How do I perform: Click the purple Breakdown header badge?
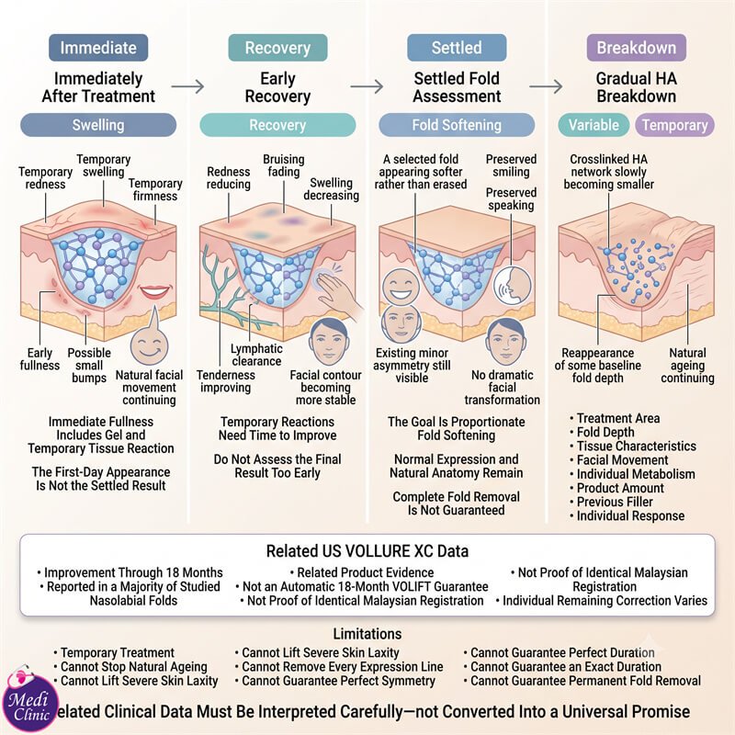pyautogui.click(x=636, y=48)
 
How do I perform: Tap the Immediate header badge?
pyautogui.click(x=98, y=48)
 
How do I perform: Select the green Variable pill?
pyautogui.click(x=594, y=125)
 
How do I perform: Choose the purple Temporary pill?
pyautogui.click(x=674, y=125)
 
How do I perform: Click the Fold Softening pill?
pyautogui.click(x=457, y=125)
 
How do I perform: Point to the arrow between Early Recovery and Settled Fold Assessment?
pyautogui.click(x=367, y=86)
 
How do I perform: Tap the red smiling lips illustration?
pyautogui.click(x=154, y=292)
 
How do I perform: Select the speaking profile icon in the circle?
pyautogui.click(x=514, y=286)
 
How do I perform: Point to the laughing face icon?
pyautogui.click(x=401, y=286)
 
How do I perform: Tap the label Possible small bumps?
pyautogui.click(x=89, y=365)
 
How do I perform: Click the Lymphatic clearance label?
pyautogui.click(x=256, y=355)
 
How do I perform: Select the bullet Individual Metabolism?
pyautogui.click(x=632, y=474)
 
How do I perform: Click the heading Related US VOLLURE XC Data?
pyautogui.click(x=367, y=550)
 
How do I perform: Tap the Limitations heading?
pyautogui.click(x=367, y=634)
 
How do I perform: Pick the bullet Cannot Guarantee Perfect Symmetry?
pyautogui.click(x=334, y=681)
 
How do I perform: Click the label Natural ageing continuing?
pyautogui.click(x=687, y=365)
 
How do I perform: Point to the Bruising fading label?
pyautogui.click(x=284, y=165)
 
